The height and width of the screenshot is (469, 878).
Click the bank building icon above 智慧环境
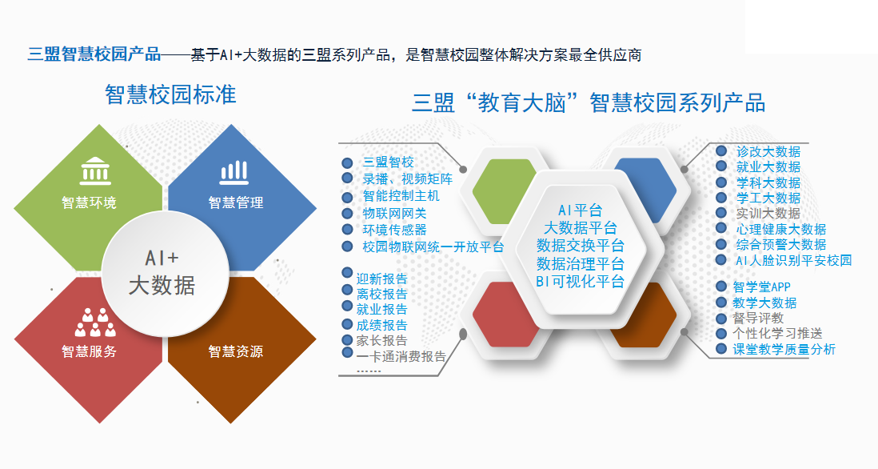[95, 171]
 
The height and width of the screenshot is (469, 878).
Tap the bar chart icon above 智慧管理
[234, 173]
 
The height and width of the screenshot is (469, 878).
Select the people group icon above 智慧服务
[95, 323]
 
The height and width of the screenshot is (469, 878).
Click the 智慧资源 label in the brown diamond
[236, 351]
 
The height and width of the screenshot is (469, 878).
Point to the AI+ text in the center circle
[162, 258]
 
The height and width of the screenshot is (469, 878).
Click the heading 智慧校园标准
[171, 94]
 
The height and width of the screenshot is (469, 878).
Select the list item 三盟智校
[388, 162]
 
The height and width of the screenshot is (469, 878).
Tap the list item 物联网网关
[395, 213]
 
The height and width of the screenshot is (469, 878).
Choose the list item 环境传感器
[395, 230]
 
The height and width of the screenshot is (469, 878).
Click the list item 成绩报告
[382, 325]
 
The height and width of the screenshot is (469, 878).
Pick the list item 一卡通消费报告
[401, 356]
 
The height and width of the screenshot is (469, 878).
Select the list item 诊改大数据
[768, 151]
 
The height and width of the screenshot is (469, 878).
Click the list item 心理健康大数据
[781, 229]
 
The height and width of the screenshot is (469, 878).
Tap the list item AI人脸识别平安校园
[793, 261]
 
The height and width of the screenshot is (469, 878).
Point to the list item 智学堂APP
[761, 287]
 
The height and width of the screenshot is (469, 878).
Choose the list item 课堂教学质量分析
[784, 349]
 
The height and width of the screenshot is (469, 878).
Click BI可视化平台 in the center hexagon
[580, 281]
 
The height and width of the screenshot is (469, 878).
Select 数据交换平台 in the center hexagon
[580, 246]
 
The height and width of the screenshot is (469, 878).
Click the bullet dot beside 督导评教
[722, 319]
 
